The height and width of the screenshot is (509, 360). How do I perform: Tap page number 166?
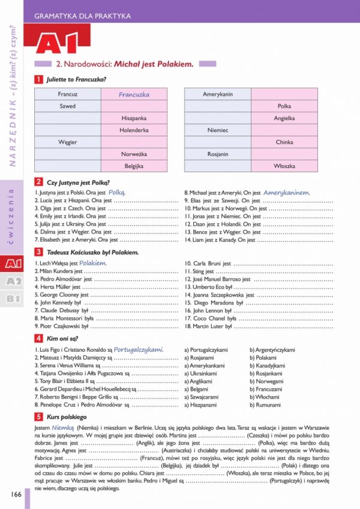pos(16,493)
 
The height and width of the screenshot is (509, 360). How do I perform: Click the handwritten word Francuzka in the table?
pos(134,94)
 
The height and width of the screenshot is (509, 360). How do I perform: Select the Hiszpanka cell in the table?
pos(134,118)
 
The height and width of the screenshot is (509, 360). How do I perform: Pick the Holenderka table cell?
pos(134,130)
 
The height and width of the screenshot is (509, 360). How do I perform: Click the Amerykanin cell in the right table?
pos(218,94)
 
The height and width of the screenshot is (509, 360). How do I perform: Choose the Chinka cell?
pos(284,142)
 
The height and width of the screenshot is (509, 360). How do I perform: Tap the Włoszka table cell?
pos(284,165)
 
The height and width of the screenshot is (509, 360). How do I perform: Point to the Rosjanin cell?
pos(218,154)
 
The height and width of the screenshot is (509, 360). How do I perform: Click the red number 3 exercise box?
pos(38,253)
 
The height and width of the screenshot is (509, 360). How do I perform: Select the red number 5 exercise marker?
pos(38,417)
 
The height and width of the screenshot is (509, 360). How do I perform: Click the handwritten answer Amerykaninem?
pos(287,193)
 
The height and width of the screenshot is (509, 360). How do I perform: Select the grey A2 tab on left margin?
pos(13,281)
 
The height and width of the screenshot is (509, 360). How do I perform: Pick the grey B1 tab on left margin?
pos(13,298)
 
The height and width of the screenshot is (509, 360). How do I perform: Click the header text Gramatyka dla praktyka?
pos(83,16)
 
